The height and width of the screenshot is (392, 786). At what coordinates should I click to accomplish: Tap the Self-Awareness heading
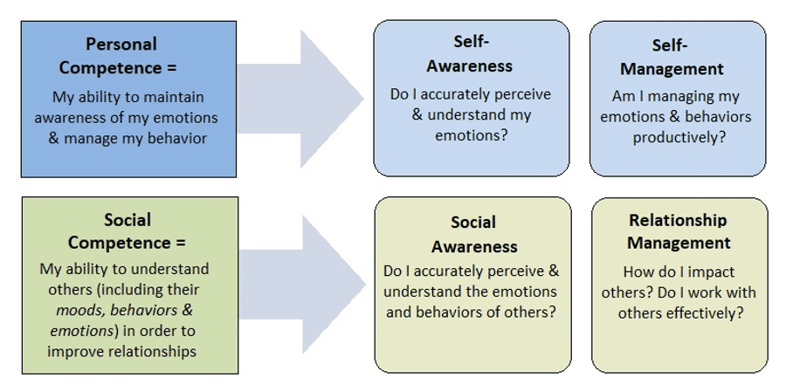click(471, 53)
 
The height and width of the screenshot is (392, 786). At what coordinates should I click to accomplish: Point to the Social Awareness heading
click(473, 235)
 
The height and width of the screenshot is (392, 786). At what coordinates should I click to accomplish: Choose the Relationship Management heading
click(679, 230)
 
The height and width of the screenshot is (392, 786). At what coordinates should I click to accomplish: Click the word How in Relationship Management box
click(639, 271)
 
